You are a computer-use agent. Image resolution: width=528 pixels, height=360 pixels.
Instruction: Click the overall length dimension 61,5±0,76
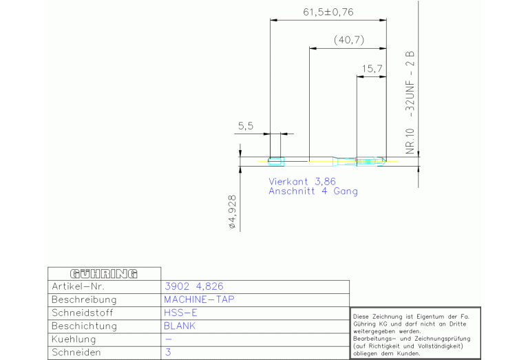[328, 12]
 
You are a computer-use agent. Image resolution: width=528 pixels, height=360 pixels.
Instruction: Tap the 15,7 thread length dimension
[372, 69]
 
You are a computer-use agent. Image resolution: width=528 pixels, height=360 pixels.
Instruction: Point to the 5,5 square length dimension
[246, 126]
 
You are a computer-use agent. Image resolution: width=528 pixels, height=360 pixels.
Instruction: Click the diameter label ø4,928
[233, 212]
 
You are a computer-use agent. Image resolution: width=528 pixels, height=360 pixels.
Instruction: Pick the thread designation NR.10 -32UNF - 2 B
[410, 103]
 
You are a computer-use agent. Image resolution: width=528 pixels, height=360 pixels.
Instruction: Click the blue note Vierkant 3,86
[302, 182]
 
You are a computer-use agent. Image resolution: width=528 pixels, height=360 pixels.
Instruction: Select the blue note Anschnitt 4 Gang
[313, 191]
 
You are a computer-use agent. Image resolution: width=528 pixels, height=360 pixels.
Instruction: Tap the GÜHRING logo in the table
[104, 274]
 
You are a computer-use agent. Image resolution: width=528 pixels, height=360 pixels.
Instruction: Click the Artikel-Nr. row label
[78, 286]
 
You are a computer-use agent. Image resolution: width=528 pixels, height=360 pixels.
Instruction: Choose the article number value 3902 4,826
[194, 286]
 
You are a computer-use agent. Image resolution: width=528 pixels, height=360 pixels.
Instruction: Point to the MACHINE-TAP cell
[199, 299]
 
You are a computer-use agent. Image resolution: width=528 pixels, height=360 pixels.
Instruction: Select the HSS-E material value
[180, 313]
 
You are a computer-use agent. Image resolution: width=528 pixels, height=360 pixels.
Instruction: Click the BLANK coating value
[180, 326]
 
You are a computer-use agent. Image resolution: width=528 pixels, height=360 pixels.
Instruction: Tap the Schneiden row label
[76, 352]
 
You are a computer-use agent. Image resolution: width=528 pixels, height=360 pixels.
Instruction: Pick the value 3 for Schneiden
[168, 352]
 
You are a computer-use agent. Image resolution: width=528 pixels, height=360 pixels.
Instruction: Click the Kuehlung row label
[74, 339]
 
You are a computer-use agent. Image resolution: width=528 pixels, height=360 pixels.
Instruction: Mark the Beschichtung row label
[84, 326]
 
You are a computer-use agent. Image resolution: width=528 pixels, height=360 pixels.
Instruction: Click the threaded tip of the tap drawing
[371, 161]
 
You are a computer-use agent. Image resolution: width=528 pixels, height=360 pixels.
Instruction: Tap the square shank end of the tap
[276, 162]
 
